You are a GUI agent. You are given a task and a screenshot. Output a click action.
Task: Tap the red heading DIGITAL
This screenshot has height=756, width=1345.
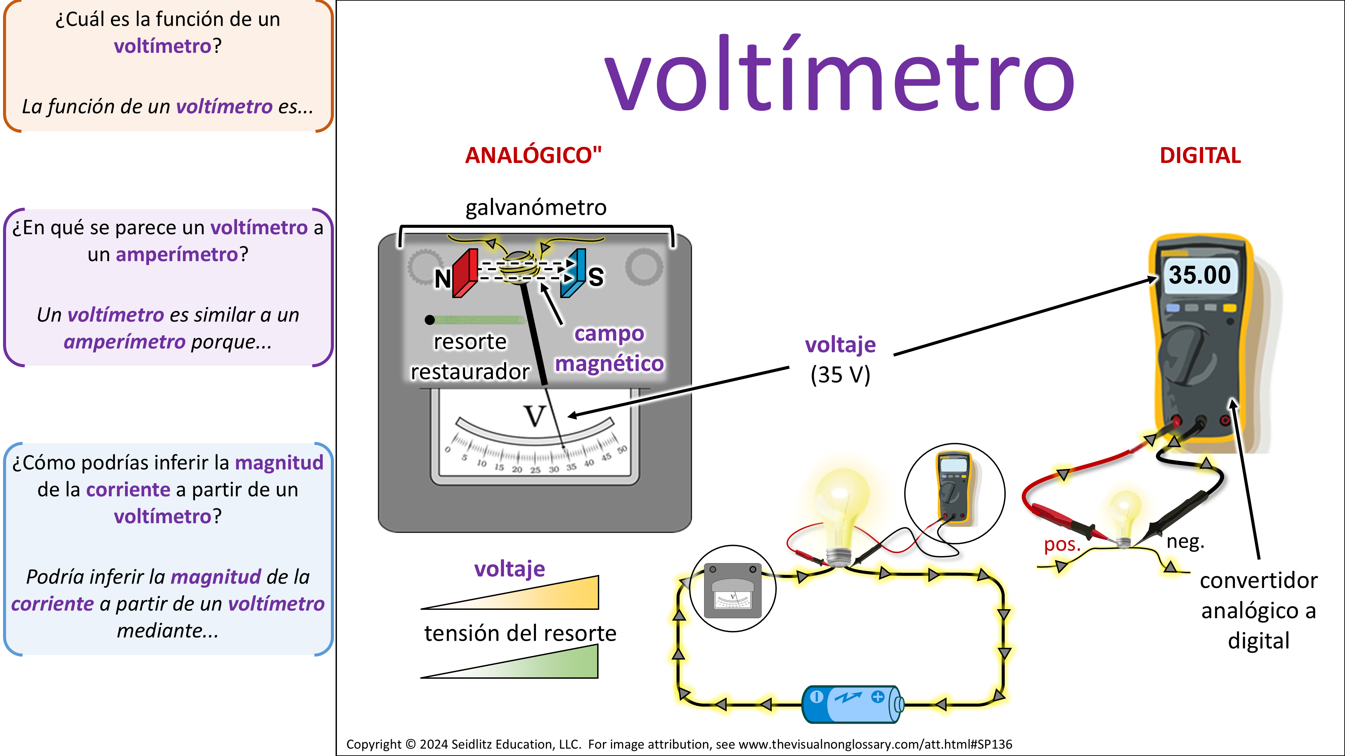coord(1200,156)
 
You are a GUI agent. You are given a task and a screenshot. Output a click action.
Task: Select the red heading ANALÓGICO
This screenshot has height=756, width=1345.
coord(533,156)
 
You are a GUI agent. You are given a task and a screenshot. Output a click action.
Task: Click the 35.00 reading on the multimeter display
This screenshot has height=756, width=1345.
coord(1199,275)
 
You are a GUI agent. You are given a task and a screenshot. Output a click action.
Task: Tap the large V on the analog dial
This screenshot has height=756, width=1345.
coord(535,416)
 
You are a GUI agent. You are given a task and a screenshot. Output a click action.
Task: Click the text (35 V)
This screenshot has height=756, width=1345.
coord(840,375)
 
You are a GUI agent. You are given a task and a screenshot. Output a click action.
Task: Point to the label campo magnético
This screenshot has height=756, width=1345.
coord(609,348)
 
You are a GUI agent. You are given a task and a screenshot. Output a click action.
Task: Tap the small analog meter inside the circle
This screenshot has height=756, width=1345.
coord(733,590)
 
